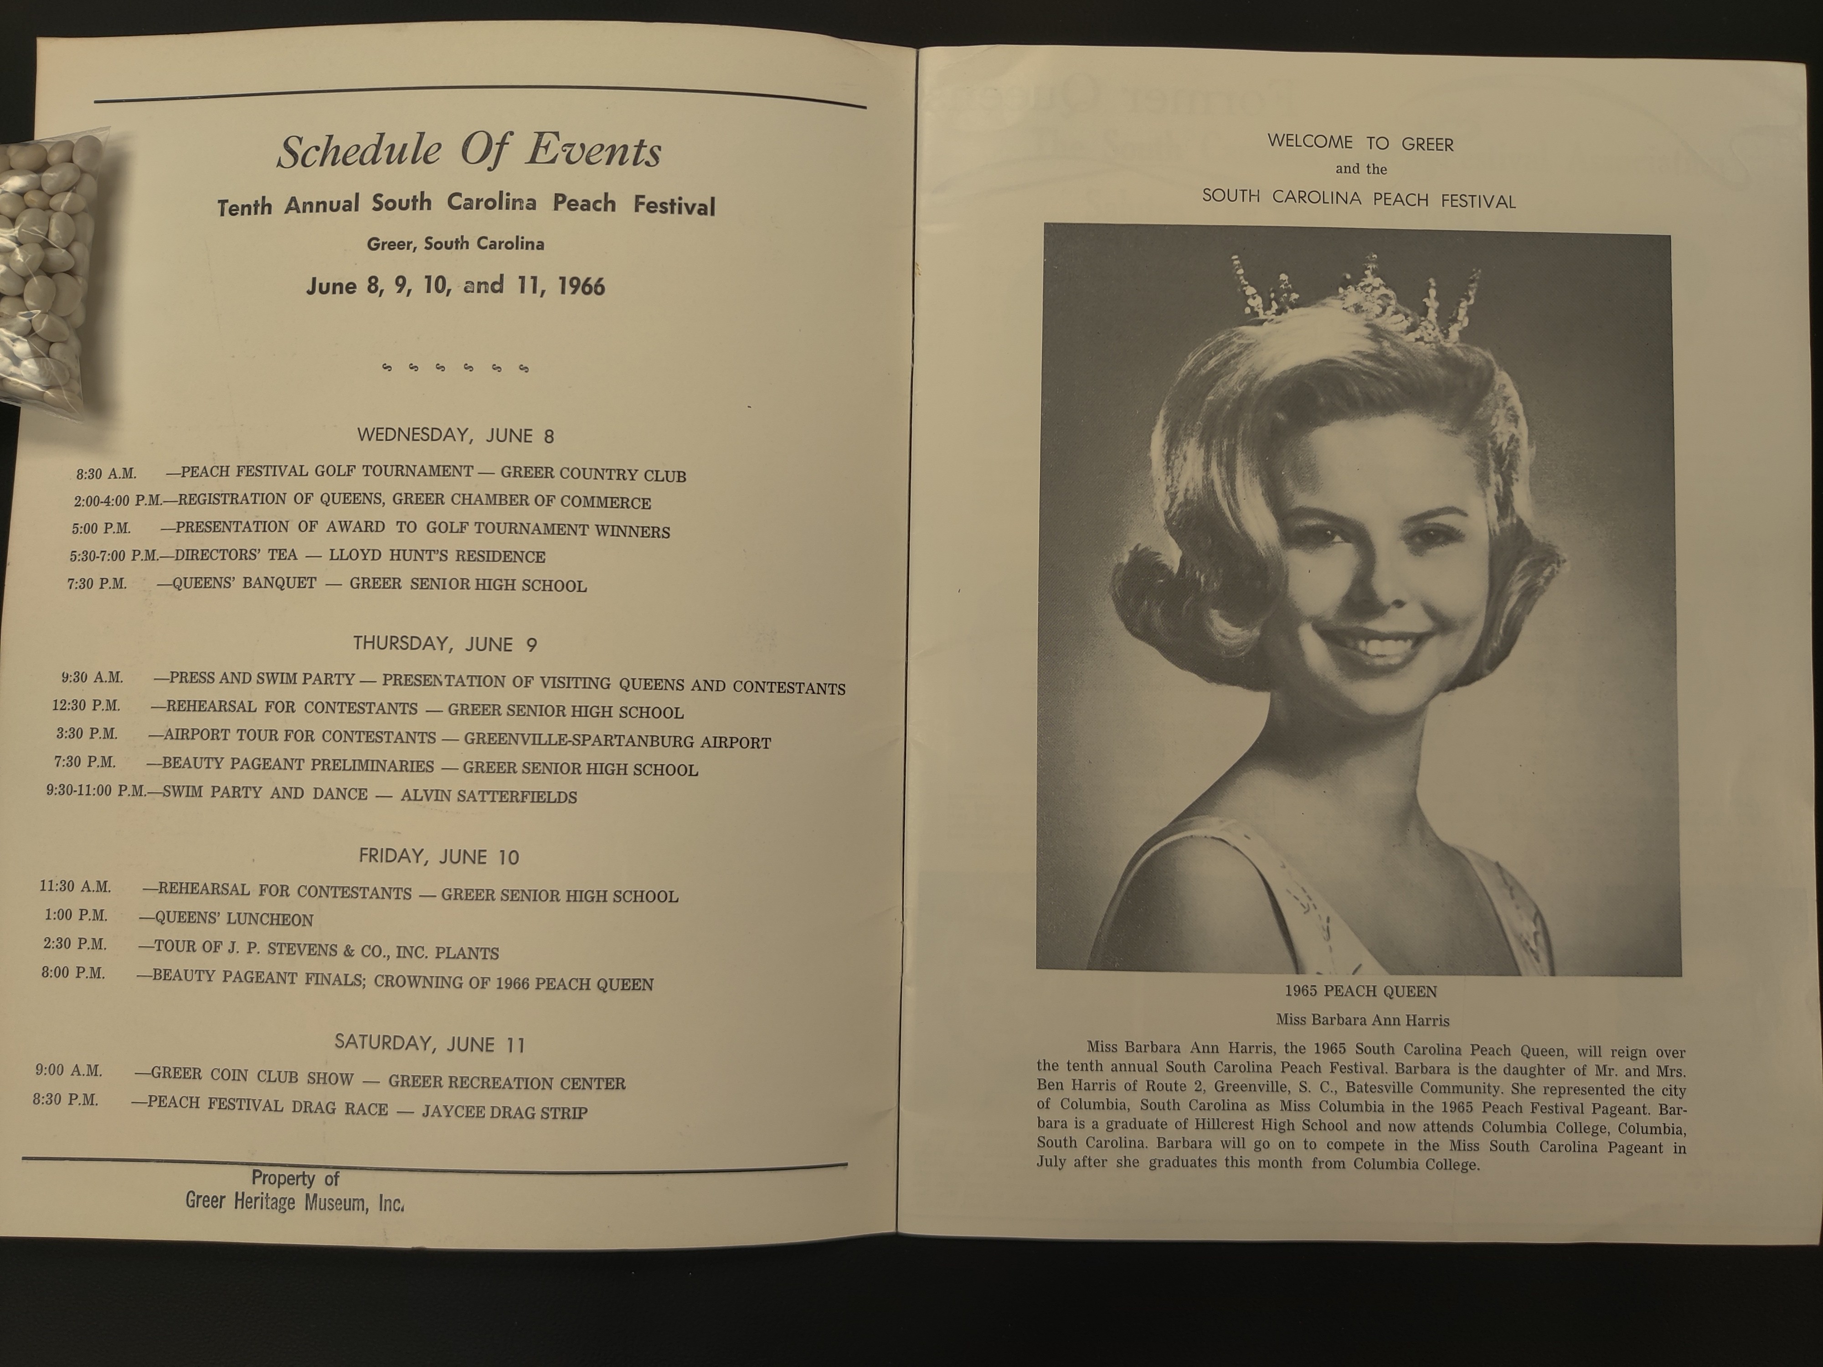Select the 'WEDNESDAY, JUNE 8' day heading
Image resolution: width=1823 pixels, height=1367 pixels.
coord(455,435)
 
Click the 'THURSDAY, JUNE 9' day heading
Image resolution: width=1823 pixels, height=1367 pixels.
coord(445,643)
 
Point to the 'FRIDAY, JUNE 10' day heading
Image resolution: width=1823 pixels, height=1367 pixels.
coord(438,857)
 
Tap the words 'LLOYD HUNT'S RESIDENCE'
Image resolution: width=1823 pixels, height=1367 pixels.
coord(437,556)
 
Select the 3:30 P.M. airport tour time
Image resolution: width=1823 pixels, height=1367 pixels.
coord(87,733)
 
